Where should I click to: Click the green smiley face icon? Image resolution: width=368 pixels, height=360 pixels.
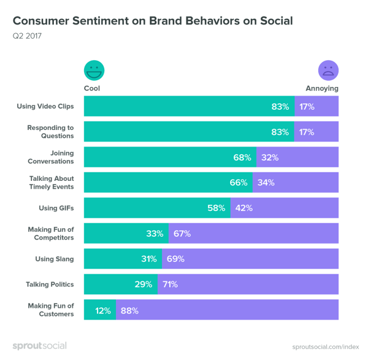[x=94, y=70]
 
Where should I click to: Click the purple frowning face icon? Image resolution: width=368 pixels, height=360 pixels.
[x=328, y=70]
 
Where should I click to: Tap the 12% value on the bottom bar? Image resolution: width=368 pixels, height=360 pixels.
[x=102, y=311]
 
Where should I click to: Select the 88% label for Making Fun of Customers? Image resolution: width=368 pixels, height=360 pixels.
[x=129, y=311]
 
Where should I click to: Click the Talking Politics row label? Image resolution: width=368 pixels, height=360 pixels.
[x=50, y=285]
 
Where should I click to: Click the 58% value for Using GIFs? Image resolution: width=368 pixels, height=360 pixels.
[x=217, y=208]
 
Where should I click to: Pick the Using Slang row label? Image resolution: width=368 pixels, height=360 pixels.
[x=54, y=259]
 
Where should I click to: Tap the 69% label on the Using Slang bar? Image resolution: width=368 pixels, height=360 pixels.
[x=175, y=259]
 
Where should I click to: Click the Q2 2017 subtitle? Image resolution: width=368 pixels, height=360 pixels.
[x=27, y=36]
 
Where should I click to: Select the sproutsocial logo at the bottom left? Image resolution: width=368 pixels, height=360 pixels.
[x=39, y=346]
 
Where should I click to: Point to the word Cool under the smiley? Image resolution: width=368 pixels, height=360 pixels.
[x=92, y=88]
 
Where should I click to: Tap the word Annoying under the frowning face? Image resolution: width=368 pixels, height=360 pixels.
[x=322, y=88]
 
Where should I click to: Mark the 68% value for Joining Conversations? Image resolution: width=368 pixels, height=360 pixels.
[x=242, y=158]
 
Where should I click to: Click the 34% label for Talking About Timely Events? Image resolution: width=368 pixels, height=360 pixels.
[x=266, y=183]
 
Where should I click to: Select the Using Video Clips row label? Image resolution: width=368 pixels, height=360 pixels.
[x=45, y=106]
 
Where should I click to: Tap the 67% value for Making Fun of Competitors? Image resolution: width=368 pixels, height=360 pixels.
[x=182, y=234]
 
